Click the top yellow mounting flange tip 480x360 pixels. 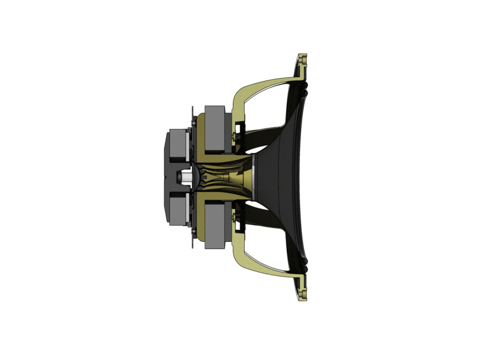pos(303,60)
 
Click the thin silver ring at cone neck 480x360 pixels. pos(254,178)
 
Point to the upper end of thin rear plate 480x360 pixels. pos(193,111)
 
